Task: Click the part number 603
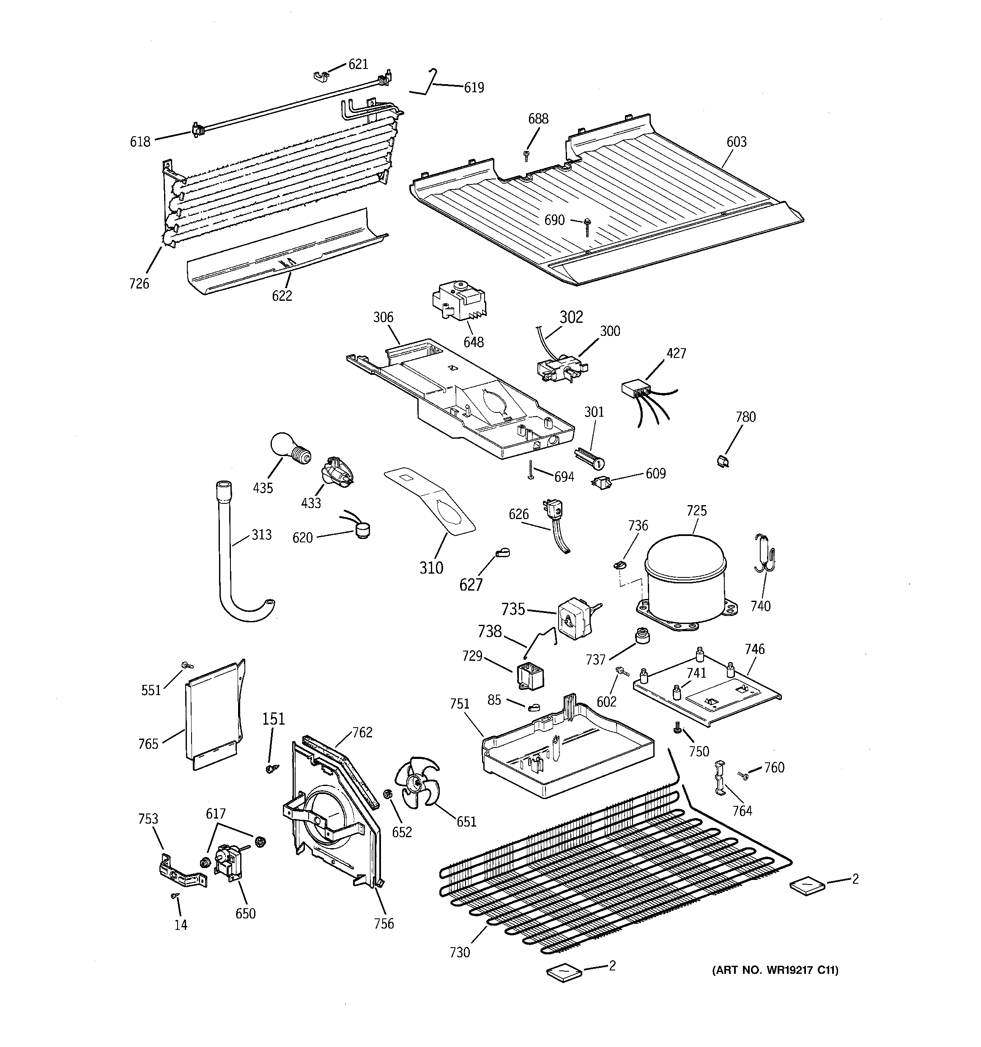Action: (736, 142)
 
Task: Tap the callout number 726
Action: (139, 284)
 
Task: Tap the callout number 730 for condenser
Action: (460, 952)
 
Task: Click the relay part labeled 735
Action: (573, 618)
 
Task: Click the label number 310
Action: (431, 568)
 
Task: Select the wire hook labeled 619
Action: (430, 84)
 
